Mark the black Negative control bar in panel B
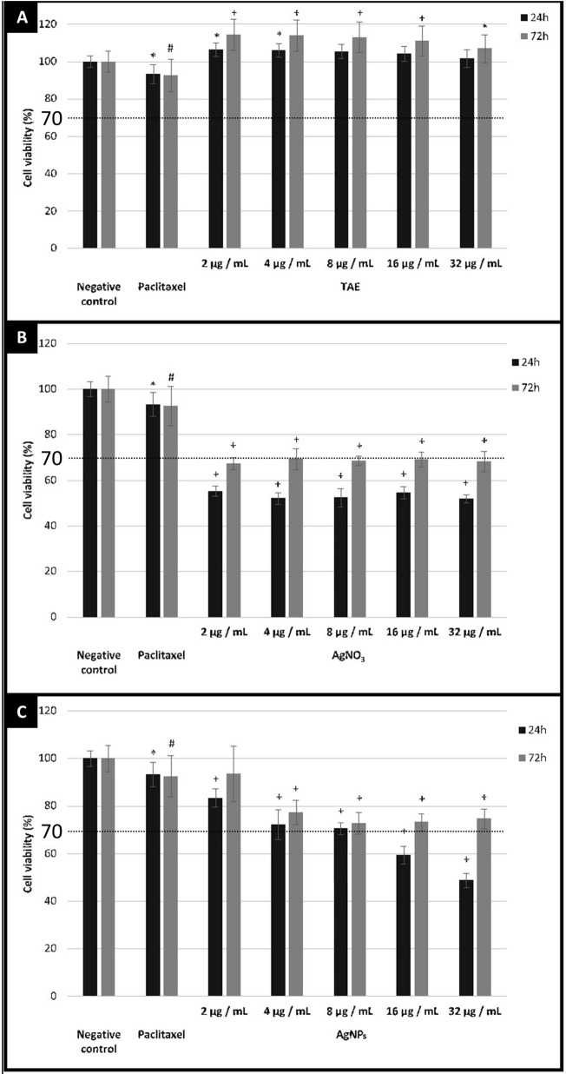90,503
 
